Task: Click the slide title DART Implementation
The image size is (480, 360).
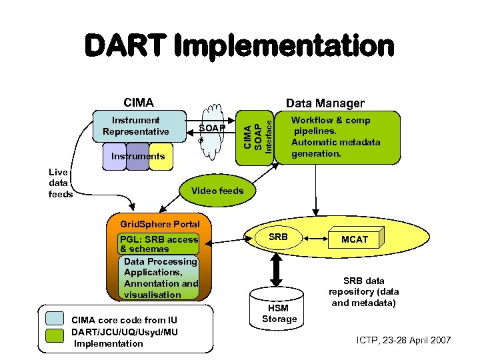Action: [239, 47]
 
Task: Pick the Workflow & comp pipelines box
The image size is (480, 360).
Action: [337, 137]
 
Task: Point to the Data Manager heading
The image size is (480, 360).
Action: [325, 103]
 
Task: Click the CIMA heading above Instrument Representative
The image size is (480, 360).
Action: [139, 103]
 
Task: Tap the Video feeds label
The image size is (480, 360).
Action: [217, 191]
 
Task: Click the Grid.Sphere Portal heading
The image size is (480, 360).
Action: [155, 223]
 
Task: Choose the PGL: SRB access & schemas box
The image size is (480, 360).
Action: [159, 243]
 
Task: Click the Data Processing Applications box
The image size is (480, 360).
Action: [161, 278]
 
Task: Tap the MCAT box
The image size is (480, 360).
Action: [355, 239]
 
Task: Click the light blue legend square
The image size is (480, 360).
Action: [55, 320]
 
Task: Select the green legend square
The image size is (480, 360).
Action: [55, 338]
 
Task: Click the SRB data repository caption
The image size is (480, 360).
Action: [365, 292]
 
